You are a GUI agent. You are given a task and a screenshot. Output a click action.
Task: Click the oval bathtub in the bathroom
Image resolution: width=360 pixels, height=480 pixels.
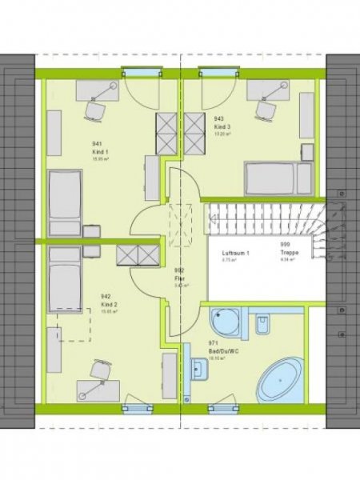(280, 379)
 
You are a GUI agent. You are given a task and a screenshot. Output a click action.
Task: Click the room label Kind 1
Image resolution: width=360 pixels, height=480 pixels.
(101, 151)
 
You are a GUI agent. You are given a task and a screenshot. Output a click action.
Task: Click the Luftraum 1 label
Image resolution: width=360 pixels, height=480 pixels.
(236, 253)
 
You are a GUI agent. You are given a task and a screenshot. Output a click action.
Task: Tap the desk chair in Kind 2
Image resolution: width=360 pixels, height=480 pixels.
(99, 370)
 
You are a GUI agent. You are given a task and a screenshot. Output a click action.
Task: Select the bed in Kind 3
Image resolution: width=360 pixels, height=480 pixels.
(278, 178)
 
